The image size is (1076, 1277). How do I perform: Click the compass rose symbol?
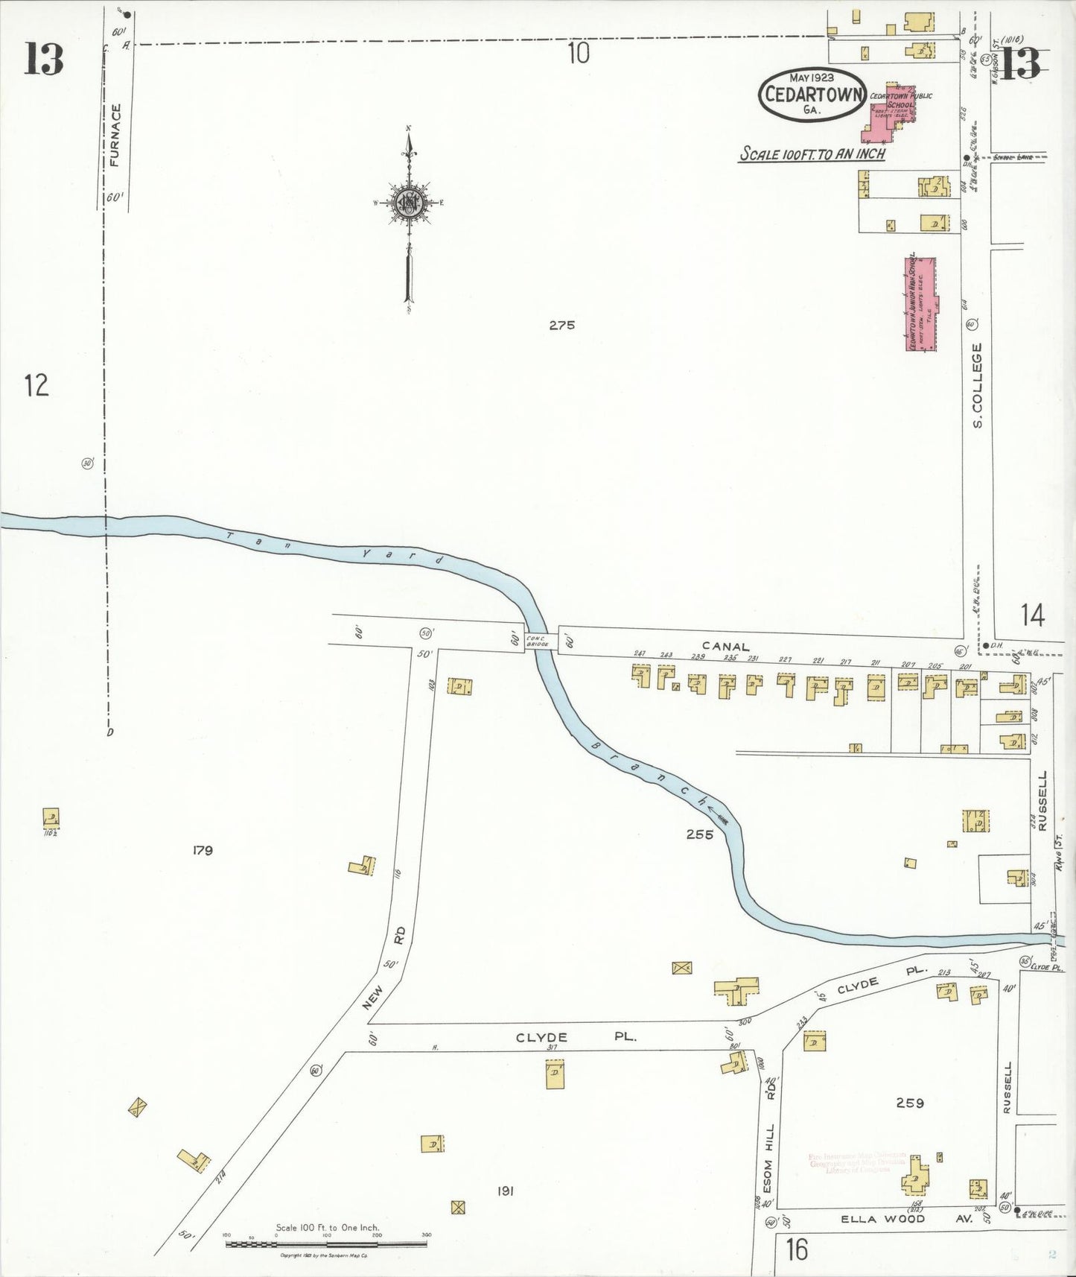point(409,203)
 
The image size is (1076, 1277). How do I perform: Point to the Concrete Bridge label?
point(537,640)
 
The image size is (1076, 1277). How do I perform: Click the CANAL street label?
point(725,647)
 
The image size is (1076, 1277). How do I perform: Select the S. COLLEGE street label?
point(978,385)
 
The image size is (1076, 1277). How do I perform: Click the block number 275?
point(561,325)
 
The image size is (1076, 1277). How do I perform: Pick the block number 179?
point(202,850)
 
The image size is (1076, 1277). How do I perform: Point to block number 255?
point(699,834)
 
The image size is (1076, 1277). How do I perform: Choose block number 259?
point(910,1103)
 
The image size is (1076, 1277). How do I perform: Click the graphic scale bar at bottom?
point(326,1243)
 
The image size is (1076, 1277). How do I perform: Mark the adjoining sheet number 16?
point(796,1249)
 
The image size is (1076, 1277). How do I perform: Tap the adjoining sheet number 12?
point(36,385)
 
